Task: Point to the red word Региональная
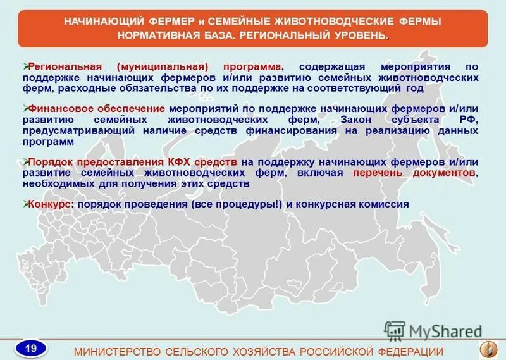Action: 68,66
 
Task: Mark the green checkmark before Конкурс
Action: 25,203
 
